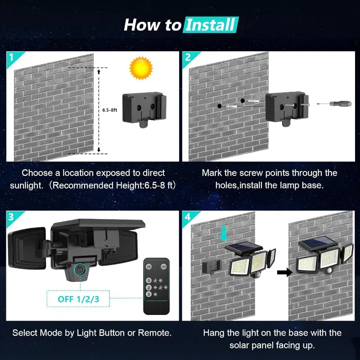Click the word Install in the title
pos(211,25)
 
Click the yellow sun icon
pos(141,68)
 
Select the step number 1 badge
pos(11,57)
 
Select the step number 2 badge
pos(188,57)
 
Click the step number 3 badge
pos(11,216)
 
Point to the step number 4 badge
pos(188,216)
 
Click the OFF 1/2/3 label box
pos(79,298)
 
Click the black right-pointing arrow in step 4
pos(282,272)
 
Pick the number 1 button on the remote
pos(149,280)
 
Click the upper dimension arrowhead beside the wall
pos(98,71)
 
